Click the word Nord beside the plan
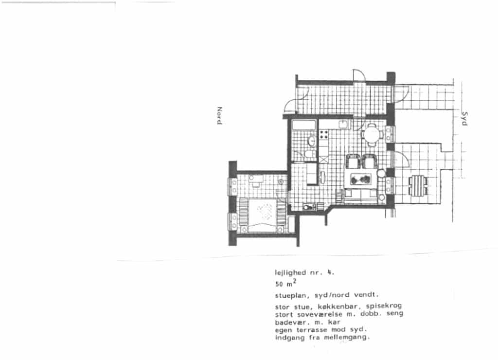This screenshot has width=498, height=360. coord(219,116)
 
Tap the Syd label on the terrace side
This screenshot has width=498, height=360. coord(464,119)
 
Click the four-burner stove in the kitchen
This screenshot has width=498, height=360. coord(323,134)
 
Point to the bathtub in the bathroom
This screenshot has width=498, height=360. coord(304,125)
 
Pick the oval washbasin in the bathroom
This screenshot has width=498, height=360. coord(312,141)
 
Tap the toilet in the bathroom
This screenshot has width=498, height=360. coord(309,155)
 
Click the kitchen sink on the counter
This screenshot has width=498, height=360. coord(343,124)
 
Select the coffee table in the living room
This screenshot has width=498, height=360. coord(361,180)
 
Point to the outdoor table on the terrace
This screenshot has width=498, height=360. coord(418,185)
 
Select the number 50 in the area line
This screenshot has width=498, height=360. coord(279,284)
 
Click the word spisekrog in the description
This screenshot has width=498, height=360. coord(384,306)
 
